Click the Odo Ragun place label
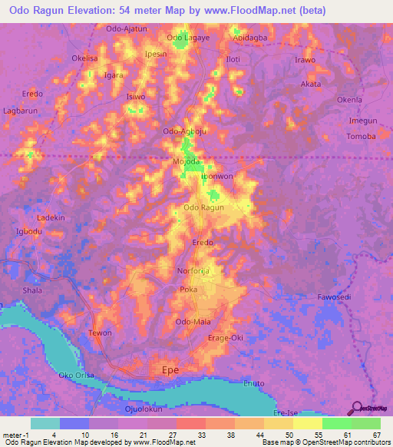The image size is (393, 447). pyautogui.click(x=203, y=208)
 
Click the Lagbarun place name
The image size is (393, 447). pyautogui.click(x=21, y=111)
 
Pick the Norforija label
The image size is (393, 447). pyautogui.click(x=192, y=271)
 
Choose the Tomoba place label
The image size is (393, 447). pyautogui.click(x=362, y=137)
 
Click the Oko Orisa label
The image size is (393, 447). pyautogui.click(x=77, y=376)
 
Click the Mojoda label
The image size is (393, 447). pyautogui.click(x=187, y=162)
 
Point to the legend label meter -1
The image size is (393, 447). pyautogui.click(x=15, y=434)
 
